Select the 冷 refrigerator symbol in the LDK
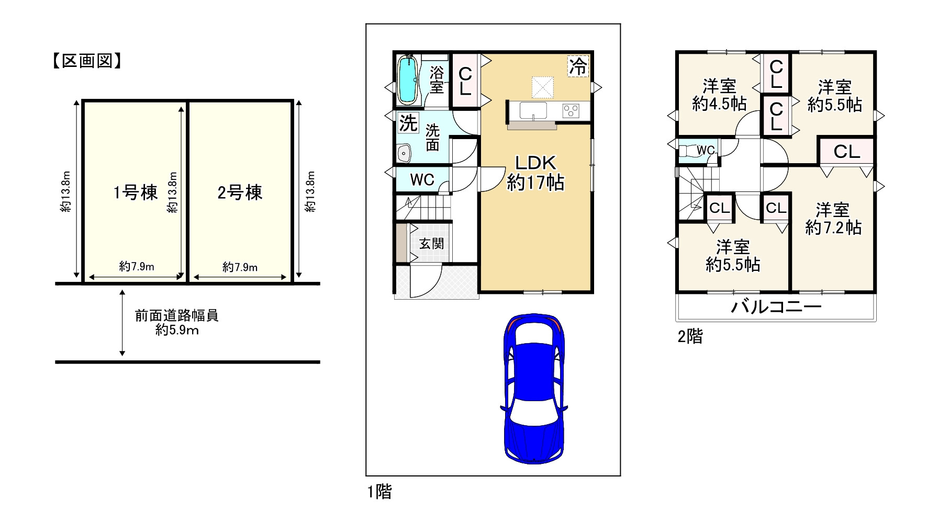(x=578, y=66)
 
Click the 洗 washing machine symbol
(x=408, y=123)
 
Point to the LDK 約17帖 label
(x=535, y=173)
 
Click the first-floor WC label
(x=422, y=180)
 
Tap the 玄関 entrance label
(x=431, y=244)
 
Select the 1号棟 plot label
(x=135, y=192)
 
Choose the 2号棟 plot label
(x=240, y=192)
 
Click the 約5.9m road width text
(x=177, y=331)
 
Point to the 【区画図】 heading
(x=87, y=61)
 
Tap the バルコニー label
(x=776, y=307)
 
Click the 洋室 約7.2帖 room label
(x=833, y=219)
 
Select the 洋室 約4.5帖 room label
(x=719, y=95)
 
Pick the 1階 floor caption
(x=379, y=492)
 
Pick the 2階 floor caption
(x=690, y=336)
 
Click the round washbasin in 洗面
(x=404, y=153)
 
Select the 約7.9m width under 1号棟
(x=137, y=267)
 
